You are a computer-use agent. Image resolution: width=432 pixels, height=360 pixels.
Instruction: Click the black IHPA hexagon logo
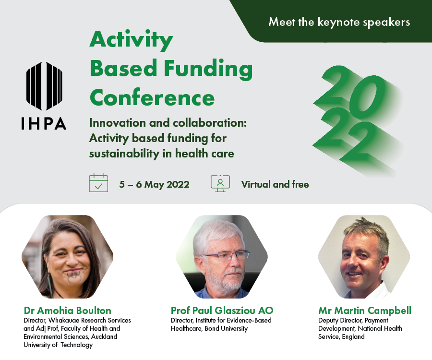click(x=44, y=86)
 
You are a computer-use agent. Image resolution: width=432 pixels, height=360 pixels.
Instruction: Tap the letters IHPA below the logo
click(x=44, y=123)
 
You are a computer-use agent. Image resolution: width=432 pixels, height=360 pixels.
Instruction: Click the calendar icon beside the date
click(x=98, y=182)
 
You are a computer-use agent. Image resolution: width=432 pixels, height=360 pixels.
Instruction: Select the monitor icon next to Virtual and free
click(x=220, y=183)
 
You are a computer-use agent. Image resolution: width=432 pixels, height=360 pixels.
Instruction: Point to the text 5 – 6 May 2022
click(x=154, y=184)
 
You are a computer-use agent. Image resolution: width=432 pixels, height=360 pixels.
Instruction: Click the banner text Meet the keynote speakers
click(x=339, y=22)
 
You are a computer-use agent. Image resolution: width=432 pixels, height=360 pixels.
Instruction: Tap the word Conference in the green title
click(x=152, y=98)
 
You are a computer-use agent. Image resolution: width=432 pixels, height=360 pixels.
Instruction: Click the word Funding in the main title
click(x=208, y=69)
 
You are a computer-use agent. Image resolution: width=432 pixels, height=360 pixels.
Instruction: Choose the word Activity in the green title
click(x=131, y=40)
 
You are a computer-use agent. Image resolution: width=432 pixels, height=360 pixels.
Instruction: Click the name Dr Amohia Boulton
click(x=68, y=311)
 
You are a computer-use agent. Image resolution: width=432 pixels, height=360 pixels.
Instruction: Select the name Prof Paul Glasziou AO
click(x=222, y=311)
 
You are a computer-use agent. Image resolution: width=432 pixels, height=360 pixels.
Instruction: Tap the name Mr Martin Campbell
click(x=365, y=311)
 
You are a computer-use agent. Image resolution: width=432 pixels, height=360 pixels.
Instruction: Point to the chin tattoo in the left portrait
click(x=74, y=277)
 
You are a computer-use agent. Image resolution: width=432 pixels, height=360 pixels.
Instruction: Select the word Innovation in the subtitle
click(x=118, y=123)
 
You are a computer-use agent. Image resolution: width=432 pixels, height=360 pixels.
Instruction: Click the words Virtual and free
click(x=275, y=184)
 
